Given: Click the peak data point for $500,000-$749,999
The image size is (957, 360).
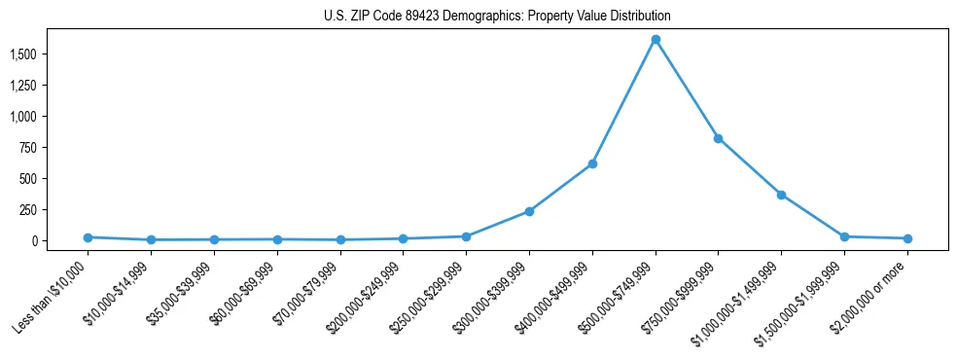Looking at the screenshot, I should point(656,40).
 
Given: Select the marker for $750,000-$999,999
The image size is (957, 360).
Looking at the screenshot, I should point(718,138).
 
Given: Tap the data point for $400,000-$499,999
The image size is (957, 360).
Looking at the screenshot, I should point(592,163).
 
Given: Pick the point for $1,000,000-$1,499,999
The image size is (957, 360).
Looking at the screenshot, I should point(781,195).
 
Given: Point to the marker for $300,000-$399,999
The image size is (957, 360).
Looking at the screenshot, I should point(529,211).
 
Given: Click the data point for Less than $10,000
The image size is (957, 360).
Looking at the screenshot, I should point(88,237).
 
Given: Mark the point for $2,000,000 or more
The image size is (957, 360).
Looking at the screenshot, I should point(907,238).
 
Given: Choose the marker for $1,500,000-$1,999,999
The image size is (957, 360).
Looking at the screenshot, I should point(844,236).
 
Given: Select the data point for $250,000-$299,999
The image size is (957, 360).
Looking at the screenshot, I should point(466,236).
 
